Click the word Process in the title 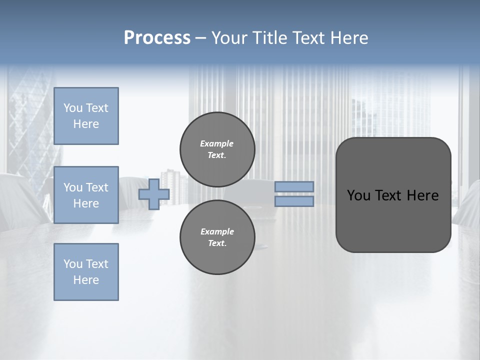(x=157, y=38)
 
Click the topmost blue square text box (x=86, y=116)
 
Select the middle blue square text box (x=86, y=195)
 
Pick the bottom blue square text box (x=86, y=272)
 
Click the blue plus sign (x=154, y=194)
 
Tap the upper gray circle (x=217, y=149)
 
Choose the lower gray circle (x=217, y=237)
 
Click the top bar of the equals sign (x=294, y=186)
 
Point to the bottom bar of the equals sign (x=294, y=201)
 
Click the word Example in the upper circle (x=216, y=143)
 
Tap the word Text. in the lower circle (x=217, y=243)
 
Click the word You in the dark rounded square (x=358, y=195)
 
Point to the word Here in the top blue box (x=86, y=124)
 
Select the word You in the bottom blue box (x=72, y=264)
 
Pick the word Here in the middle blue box (x=86, y=203)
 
